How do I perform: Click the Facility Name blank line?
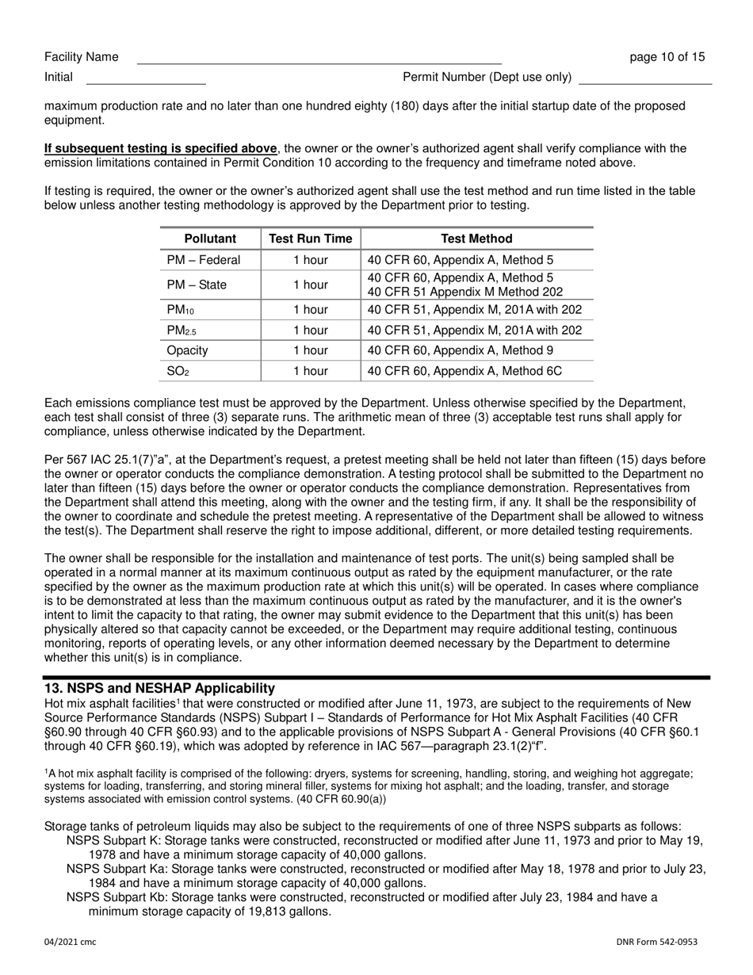pyautogui.click(x=319, y=59)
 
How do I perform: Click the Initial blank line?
pyautogui.click(x=145, y=78)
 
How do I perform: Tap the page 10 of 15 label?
pyautogui.click(x=667, y=57)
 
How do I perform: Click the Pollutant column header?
pyautogui.click(x=210, y=239)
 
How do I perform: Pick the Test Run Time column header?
pyautogui.click(x=310, y=239)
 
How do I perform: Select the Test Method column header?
pyautogui.click(x=476, y=239)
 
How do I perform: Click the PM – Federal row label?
pyautogui.click(x=204, y=260)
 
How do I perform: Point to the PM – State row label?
pyautogui.click(x=197, y=285)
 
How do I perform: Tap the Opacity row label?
pyautogui.click(x=187, y=350)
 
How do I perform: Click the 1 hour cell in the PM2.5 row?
pyautogui.click(x=310, y=330)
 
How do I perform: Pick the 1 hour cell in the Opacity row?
pyautogui.click(x=310, y=350)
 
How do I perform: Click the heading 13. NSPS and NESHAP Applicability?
pyautogui.click(x=159, y=688)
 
